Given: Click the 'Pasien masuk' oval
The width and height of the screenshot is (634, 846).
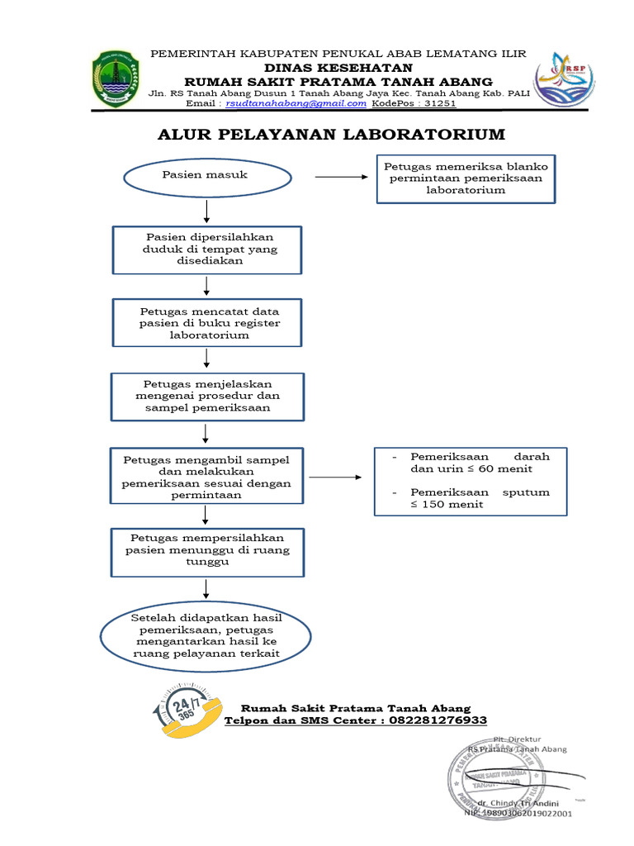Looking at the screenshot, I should click(206, 176).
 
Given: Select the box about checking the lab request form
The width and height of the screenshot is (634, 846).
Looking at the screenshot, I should click(466, 178).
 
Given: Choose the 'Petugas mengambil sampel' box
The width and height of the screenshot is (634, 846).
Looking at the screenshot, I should click(206, 476).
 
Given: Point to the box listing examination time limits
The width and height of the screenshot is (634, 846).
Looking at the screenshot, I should click(470, 481).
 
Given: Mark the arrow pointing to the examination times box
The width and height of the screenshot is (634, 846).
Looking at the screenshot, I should click(334, 478).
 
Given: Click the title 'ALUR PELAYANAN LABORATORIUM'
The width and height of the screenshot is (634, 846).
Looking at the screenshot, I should click(331, 134).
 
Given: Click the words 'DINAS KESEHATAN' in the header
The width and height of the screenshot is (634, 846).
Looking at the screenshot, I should click(326, 67).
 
